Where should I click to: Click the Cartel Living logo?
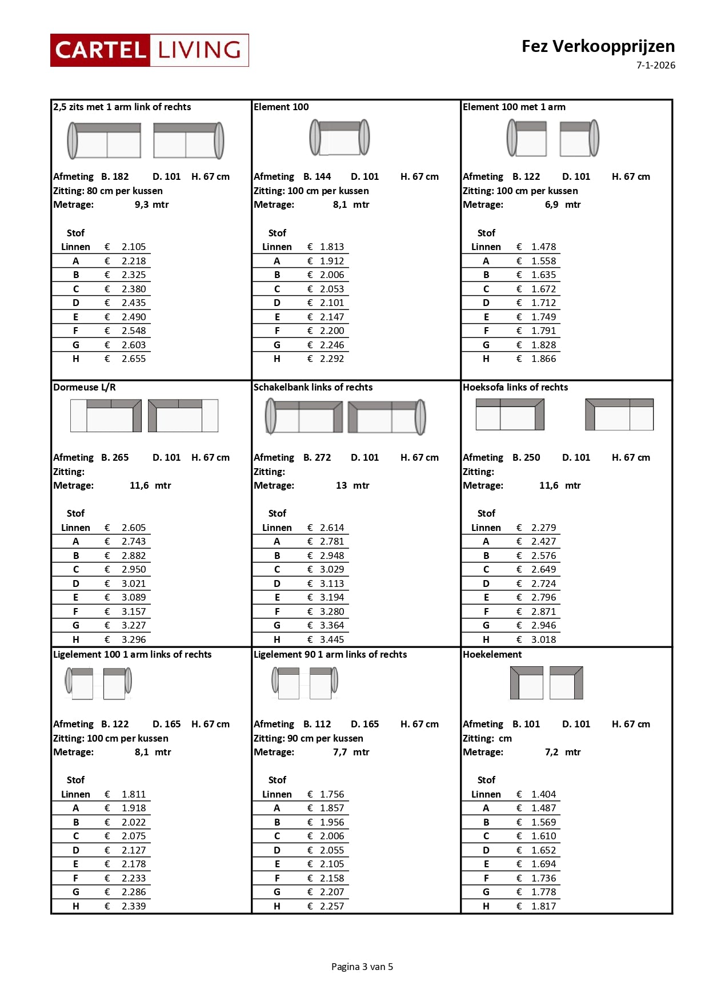pyautogui.click(x=149, y=50)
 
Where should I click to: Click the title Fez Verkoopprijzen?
pyautogui.click(x=598, y=46)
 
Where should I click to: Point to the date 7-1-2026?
pyautogui.click(x=655, y=65)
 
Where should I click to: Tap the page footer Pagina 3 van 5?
pyautogui.click(x=362, y=967)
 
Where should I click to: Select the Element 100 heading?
pyautogui.click(x=281, y=107)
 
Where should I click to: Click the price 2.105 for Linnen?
pyautogui.click(x=133, y=247)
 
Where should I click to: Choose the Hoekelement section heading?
pyautogui.click(x=492, y=654)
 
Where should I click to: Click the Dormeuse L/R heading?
pyautogui.click(x=85, y=387)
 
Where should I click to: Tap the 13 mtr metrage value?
pyautogui.click(x=352, y=485)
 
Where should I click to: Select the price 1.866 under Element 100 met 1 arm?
pyautogui.click(x=543, y=359)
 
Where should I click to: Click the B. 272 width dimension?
pyautogui.click(x=317, y=457)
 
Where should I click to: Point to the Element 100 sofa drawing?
pyautogui.click(x=339, y=138)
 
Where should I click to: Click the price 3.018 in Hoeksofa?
pyautogui.click(x=543, y=639)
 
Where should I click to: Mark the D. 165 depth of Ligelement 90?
pyautogui.click(x=364, y=724)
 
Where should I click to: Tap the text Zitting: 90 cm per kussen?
pyautogui.click(x=309, y=738)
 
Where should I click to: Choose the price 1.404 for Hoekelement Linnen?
pyautogui.click(x=543, y=794)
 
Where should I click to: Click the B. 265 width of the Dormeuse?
pyautogui.click(x=115, y=457)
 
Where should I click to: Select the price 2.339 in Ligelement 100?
pyautogui.click(x=133, y=906)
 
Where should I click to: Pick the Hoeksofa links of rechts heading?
pyautogui.click(x=515, y=387)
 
